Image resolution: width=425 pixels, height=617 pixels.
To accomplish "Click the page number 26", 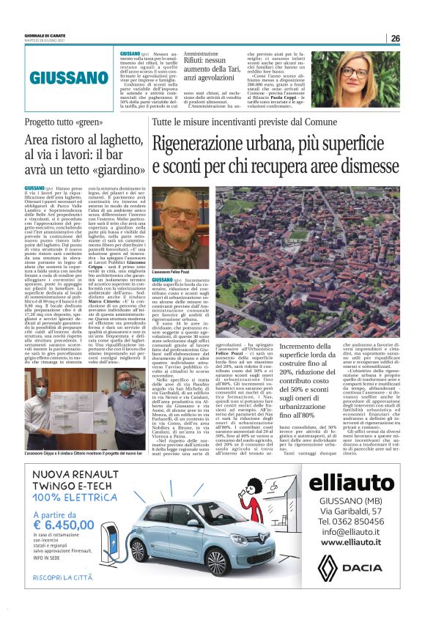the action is (395, 38).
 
